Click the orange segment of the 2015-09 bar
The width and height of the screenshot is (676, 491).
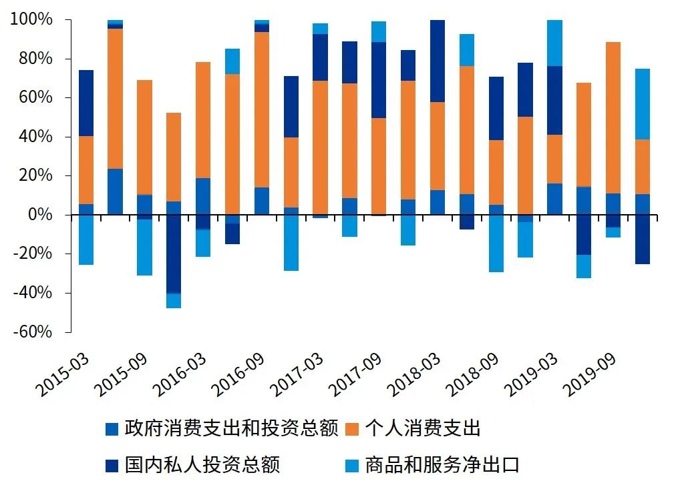click(144, 137)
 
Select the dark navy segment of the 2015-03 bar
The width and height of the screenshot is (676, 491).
click(86, 103)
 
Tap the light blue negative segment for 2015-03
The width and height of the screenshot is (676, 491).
click(86, 239)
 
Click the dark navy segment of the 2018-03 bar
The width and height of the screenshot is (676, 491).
click(438, 61)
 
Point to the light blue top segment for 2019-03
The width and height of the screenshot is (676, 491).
click(554, 43)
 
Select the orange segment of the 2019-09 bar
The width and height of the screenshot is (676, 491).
click(613, 117)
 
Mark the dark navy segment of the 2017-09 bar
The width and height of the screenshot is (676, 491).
click(379, 80)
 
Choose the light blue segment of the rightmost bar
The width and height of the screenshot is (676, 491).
click(642, 103)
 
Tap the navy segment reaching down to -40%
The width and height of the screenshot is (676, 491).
click(174, 254)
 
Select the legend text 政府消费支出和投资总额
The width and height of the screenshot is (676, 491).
click(231, 428)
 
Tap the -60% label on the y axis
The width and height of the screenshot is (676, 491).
click(31, 332)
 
